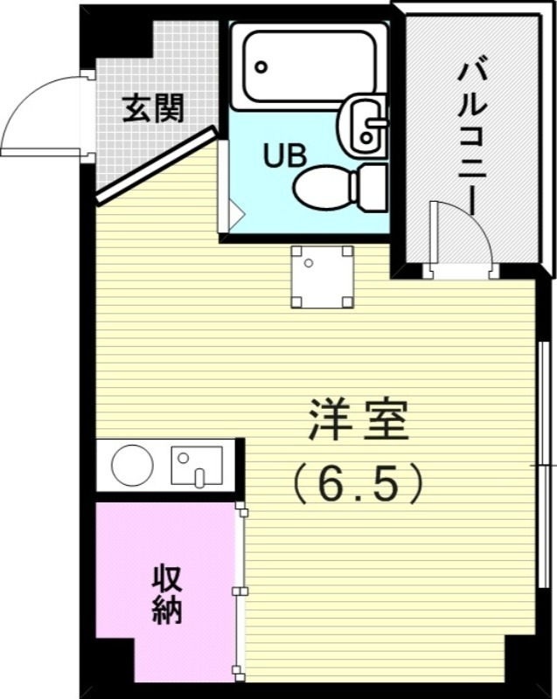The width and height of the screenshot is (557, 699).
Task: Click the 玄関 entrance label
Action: click(x=153, y=108)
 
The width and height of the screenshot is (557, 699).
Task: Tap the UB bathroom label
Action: click(x=285, y=156)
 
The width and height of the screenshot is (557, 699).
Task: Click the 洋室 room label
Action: click(x=359, y=420)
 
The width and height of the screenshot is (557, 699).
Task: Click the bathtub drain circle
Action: click(x=261, y=67)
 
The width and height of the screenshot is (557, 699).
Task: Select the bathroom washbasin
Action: click(x=362, y=125)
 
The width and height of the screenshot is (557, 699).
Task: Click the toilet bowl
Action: click(x=323, y=188)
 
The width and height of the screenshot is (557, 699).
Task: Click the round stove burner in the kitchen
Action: click(x=132, y=465)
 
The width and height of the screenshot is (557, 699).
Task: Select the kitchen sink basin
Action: click(x=197, y=465)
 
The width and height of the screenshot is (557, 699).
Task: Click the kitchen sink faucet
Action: click(x=199, y=477)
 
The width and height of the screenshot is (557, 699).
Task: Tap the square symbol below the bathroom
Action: click(x=322, y=277)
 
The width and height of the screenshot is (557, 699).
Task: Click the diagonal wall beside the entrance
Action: click(x=157, y=165)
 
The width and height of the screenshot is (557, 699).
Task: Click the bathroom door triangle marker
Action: click(x=237, y=214)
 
